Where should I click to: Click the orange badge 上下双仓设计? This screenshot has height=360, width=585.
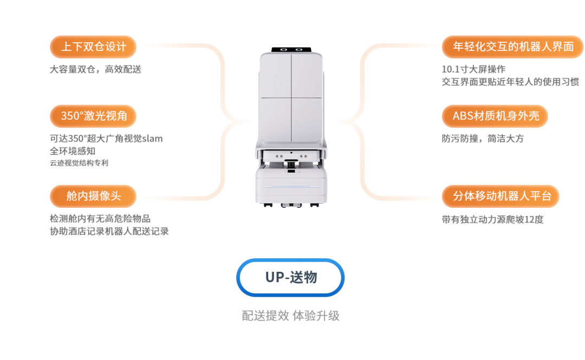pos(93,47)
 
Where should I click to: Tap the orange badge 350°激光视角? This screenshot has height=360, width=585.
pos(93,116)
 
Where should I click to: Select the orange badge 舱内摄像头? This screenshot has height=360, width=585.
pos(93,196)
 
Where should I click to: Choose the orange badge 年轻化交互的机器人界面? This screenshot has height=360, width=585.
pos(512,47)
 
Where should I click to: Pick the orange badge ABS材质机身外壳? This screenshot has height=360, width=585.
pos(495,116)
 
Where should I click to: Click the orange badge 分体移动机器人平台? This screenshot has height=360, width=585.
pos(500,196)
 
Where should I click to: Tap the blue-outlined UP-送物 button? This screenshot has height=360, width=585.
pos(291,278)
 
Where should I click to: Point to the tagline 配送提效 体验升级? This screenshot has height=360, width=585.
pos(291,316)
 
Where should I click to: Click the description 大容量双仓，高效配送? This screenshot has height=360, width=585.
pos(95,69)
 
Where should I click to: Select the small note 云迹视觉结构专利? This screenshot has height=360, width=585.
pos(79,163)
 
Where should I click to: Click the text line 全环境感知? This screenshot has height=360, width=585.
pos(73,151)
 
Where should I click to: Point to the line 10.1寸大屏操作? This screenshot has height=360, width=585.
pos(474,69)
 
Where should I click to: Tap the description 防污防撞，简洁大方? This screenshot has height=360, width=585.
pos(483,139)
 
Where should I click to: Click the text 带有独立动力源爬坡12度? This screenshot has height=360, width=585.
pos(493,219)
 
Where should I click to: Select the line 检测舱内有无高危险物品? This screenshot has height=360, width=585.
pos(100,219)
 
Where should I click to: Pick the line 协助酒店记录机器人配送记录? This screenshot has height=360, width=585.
pos(109,231)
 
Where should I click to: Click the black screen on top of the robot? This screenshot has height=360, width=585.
pos(291,50)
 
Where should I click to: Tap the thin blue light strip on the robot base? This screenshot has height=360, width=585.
pos(291,187)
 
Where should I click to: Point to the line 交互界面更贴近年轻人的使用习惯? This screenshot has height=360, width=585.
pos(510,82)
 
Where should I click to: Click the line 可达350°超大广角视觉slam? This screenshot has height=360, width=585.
pos(106,139)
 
